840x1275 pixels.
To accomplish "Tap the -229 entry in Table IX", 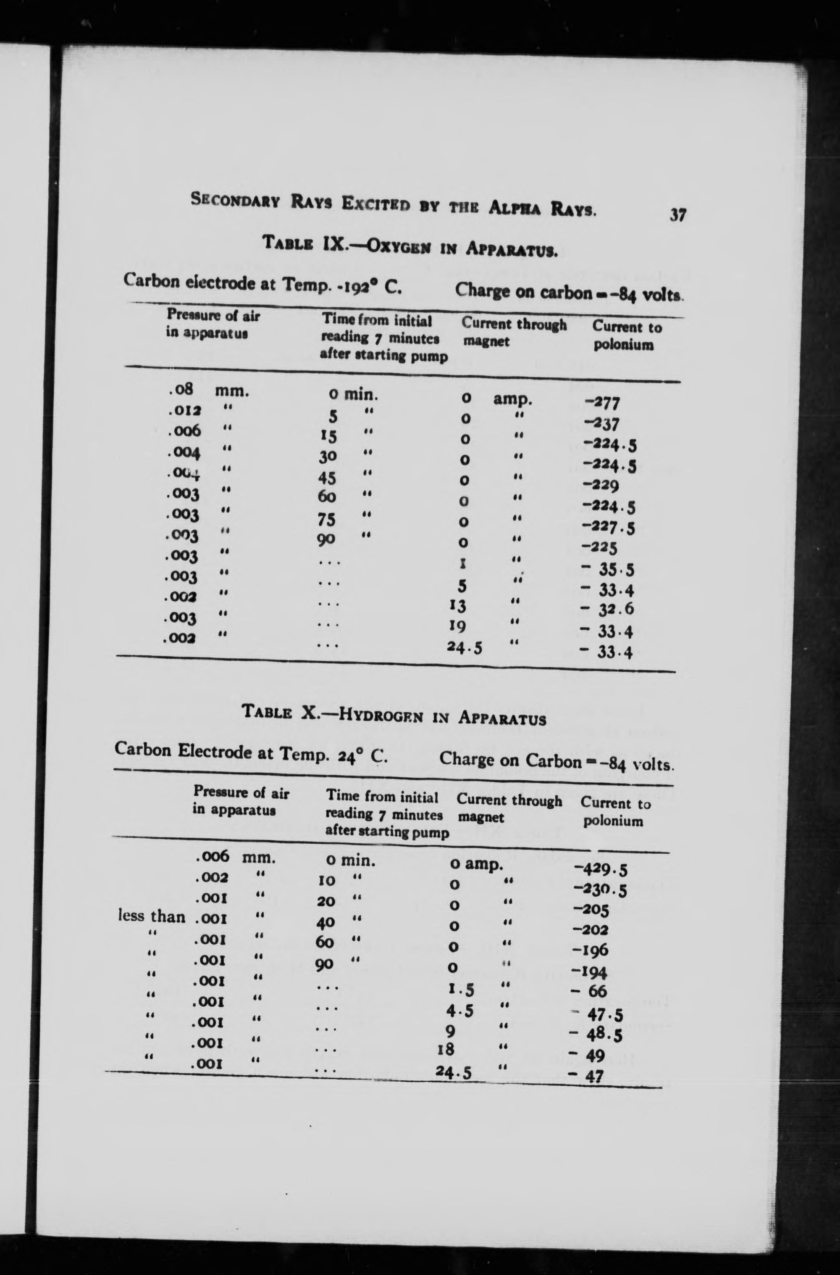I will point(601,485).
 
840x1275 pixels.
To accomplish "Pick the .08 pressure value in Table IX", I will point(180,389).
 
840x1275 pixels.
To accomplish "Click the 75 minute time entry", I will point(326,519).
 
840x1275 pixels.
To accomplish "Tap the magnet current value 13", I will point(457,605).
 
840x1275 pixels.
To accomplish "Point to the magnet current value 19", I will point(457,626).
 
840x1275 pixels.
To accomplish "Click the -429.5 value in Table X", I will point(600,869).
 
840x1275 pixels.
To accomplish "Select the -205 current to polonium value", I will point(591,910).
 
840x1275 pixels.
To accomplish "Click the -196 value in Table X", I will point(591,950).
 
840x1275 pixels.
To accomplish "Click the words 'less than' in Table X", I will point(152,916).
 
